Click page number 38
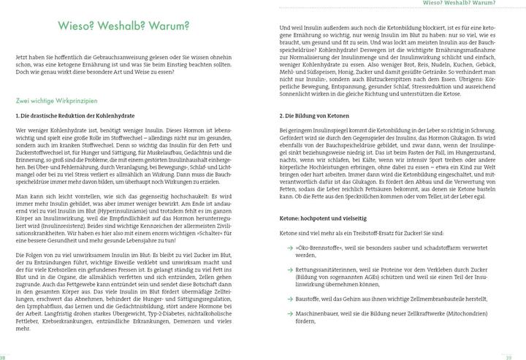coord(4,356)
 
